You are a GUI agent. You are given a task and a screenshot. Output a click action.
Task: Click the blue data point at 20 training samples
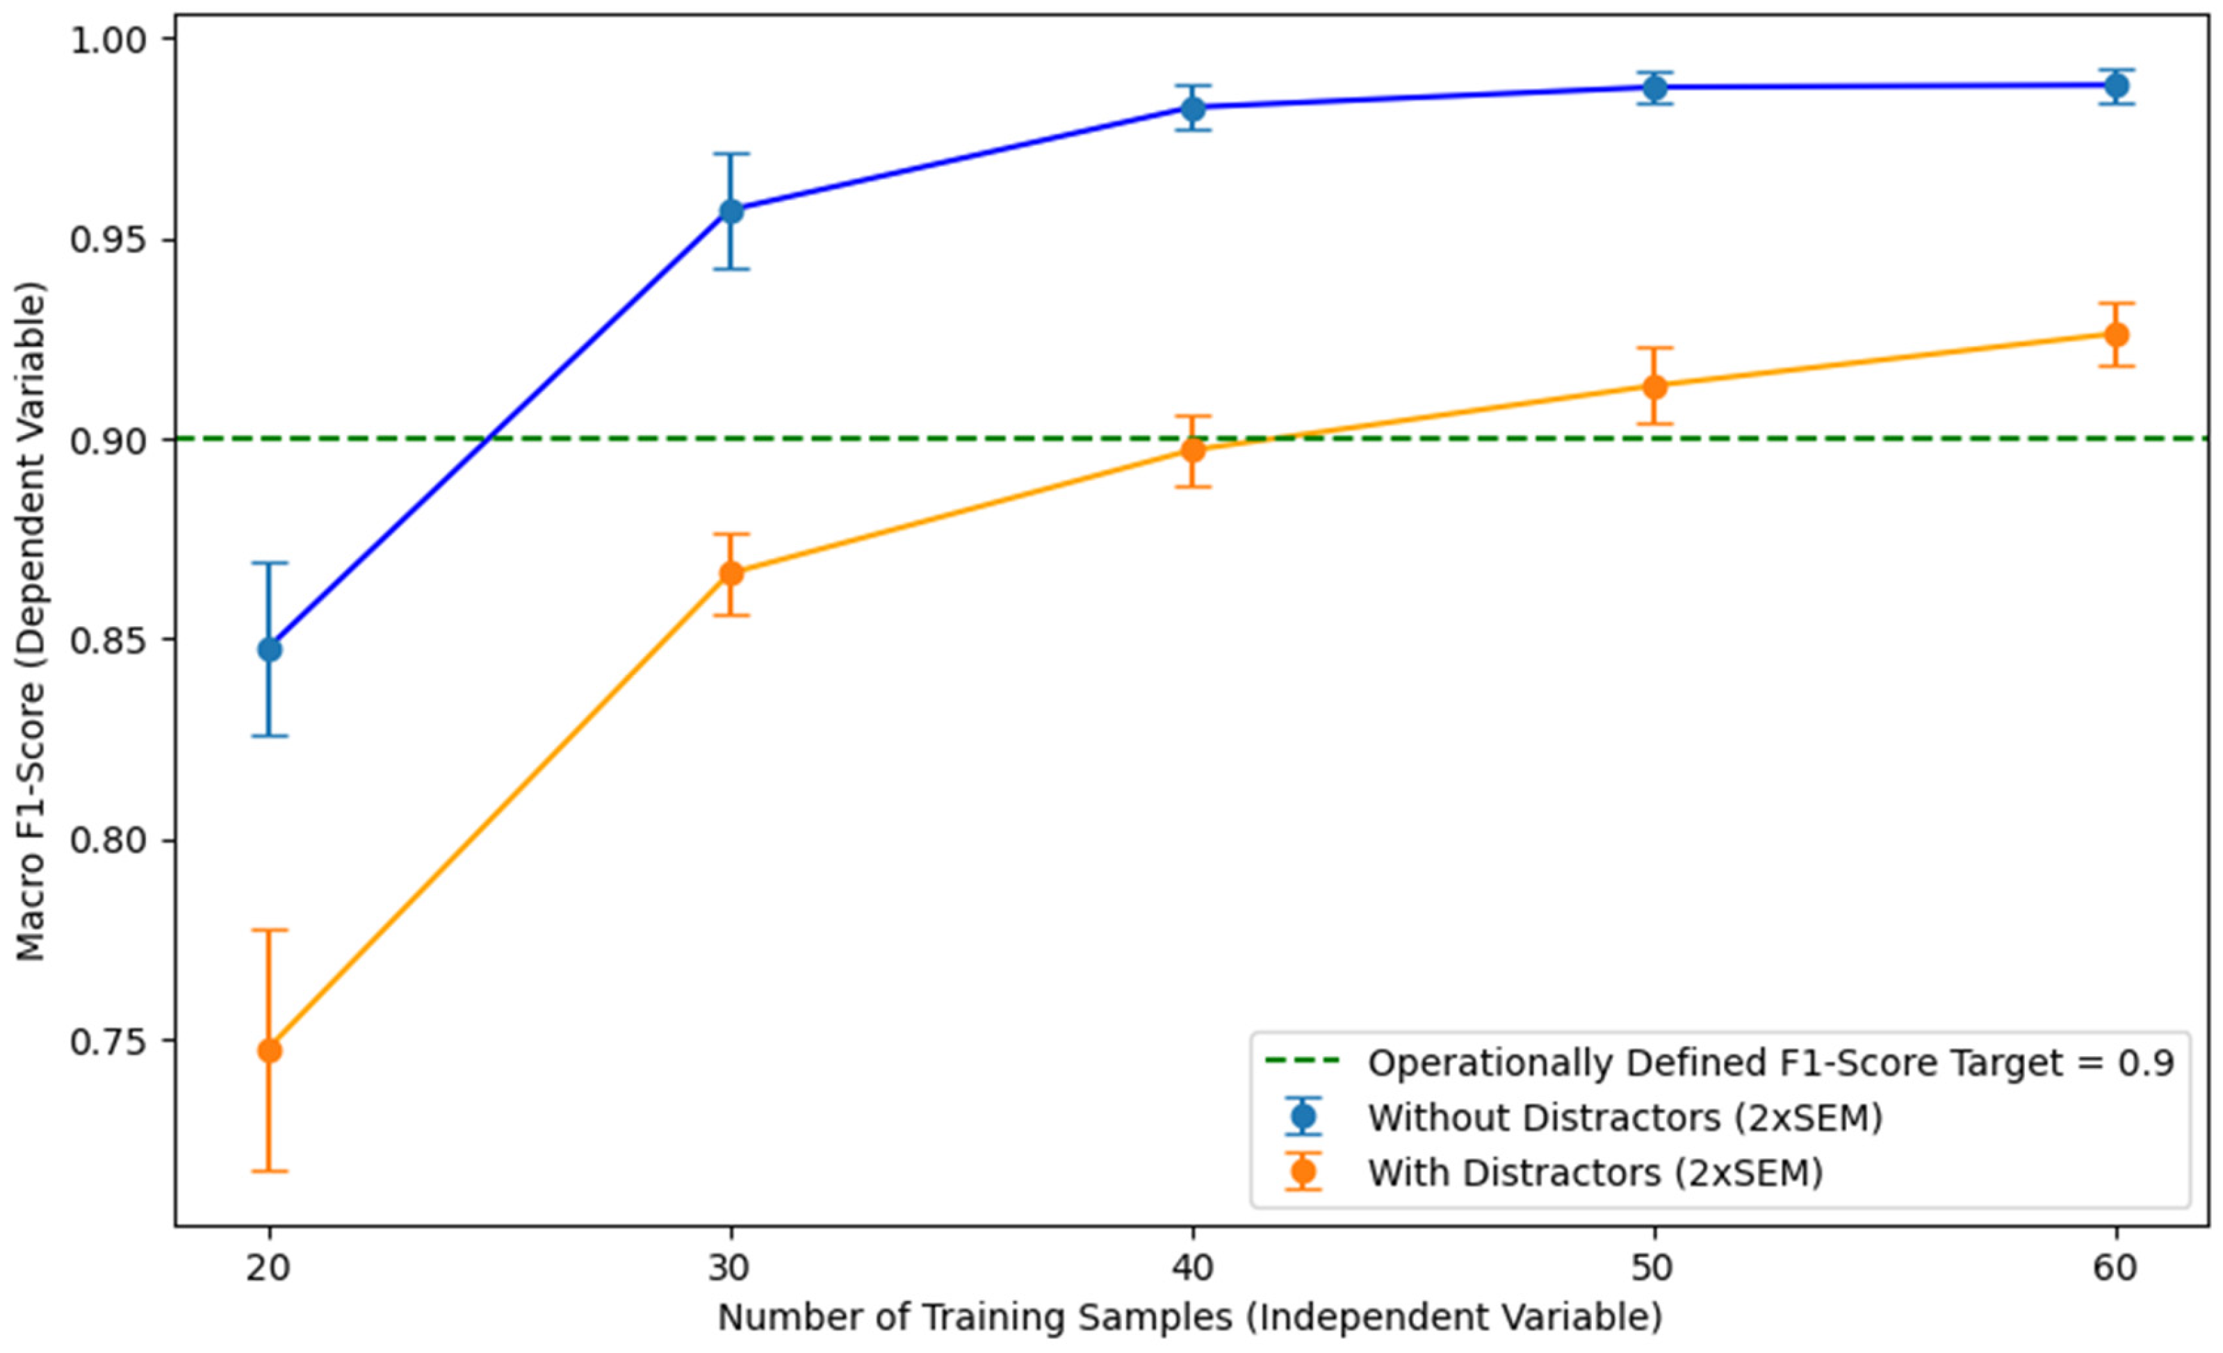pyautogui.click(x=269, y=650)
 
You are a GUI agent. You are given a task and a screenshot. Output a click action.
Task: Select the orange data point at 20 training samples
pyautogui.click(x=269, y=1051)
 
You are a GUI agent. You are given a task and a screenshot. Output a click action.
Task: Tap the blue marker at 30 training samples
pyautogui.click(x=731, y=211)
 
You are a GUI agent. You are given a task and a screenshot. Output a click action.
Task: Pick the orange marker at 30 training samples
pyautogui.click(x=731, y=574)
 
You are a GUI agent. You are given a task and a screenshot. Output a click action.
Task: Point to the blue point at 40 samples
pyautogui.click(x=1193, y=109)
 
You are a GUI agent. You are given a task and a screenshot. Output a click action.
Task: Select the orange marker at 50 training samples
pyautogui.click(x=1654, y=387)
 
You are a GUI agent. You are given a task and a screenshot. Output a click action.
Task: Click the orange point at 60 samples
pyautogui.click(x=2117, y=335)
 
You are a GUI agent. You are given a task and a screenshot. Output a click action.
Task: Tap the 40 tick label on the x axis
pyautogui.click(x=1193, y=1268)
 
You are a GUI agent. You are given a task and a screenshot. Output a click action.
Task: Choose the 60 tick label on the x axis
pyautogui.click(x=2117, y=1268)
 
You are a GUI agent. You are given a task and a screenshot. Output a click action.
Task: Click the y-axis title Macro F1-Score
pyautogui.click(x=31, y=623)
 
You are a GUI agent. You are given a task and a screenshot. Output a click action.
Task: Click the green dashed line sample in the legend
pyautogui.click(x=1303, y=1062)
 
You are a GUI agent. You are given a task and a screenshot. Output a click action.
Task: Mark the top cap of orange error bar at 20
pyautogui.click(x=269, y=930)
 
